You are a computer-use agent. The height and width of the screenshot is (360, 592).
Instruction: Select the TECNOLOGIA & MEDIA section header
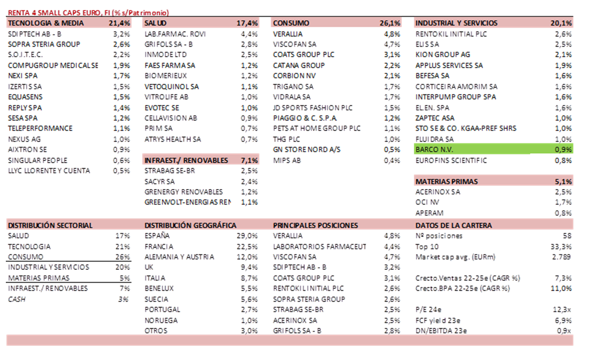tap(46, 23)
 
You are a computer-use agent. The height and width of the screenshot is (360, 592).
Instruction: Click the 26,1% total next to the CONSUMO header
tap(390, 23)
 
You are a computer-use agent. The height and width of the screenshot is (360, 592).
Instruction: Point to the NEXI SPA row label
tap(23, 76)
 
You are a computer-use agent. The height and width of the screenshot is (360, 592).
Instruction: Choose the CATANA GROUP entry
tap(298, 65)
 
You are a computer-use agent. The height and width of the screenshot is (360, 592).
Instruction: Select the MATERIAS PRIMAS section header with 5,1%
tap(446, 181)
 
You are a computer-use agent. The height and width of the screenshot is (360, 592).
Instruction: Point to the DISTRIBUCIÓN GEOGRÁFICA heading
tap(190, 226)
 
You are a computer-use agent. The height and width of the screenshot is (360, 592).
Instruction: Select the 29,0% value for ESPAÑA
tap(248, 236)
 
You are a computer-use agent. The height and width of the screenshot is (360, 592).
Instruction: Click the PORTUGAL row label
tap(162, 309)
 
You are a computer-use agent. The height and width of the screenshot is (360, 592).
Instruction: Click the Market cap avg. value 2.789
tap(562, 257)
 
